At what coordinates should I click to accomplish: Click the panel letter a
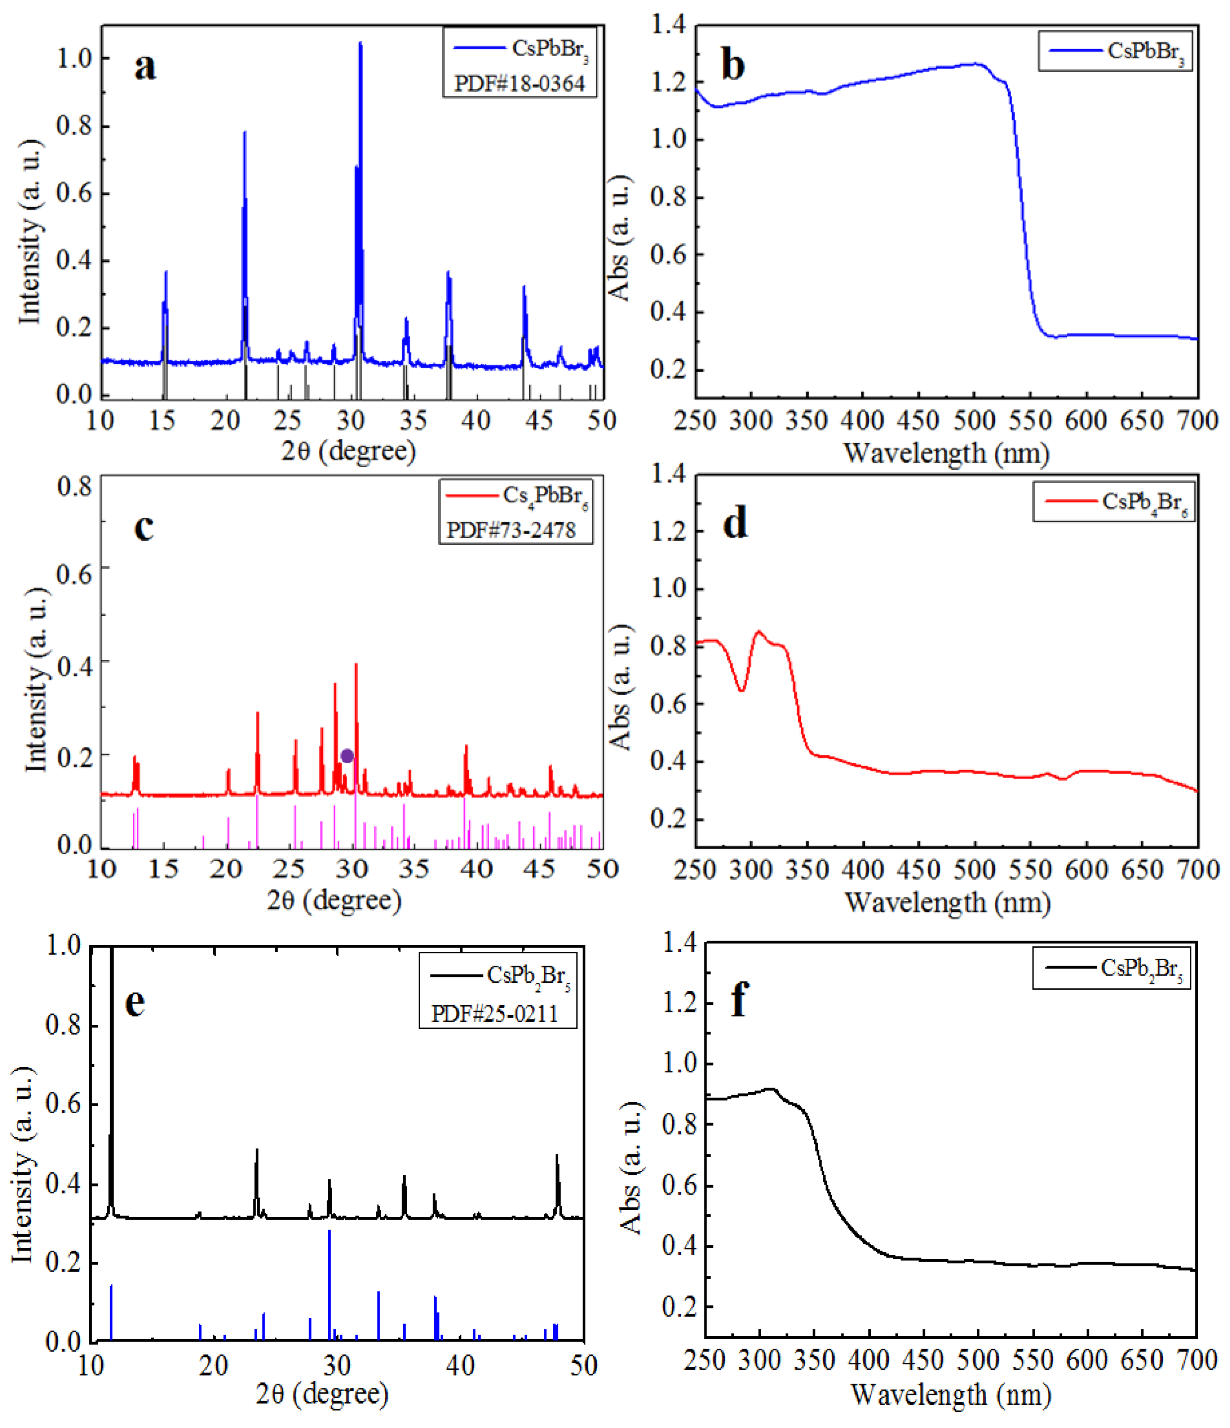coord(145,67)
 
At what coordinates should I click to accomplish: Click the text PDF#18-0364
coord(519,84)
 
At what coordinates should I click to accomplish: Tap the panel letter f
coord(740,999)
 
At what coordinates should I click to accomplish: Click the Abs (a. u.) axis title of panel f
coord(631,1167)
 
